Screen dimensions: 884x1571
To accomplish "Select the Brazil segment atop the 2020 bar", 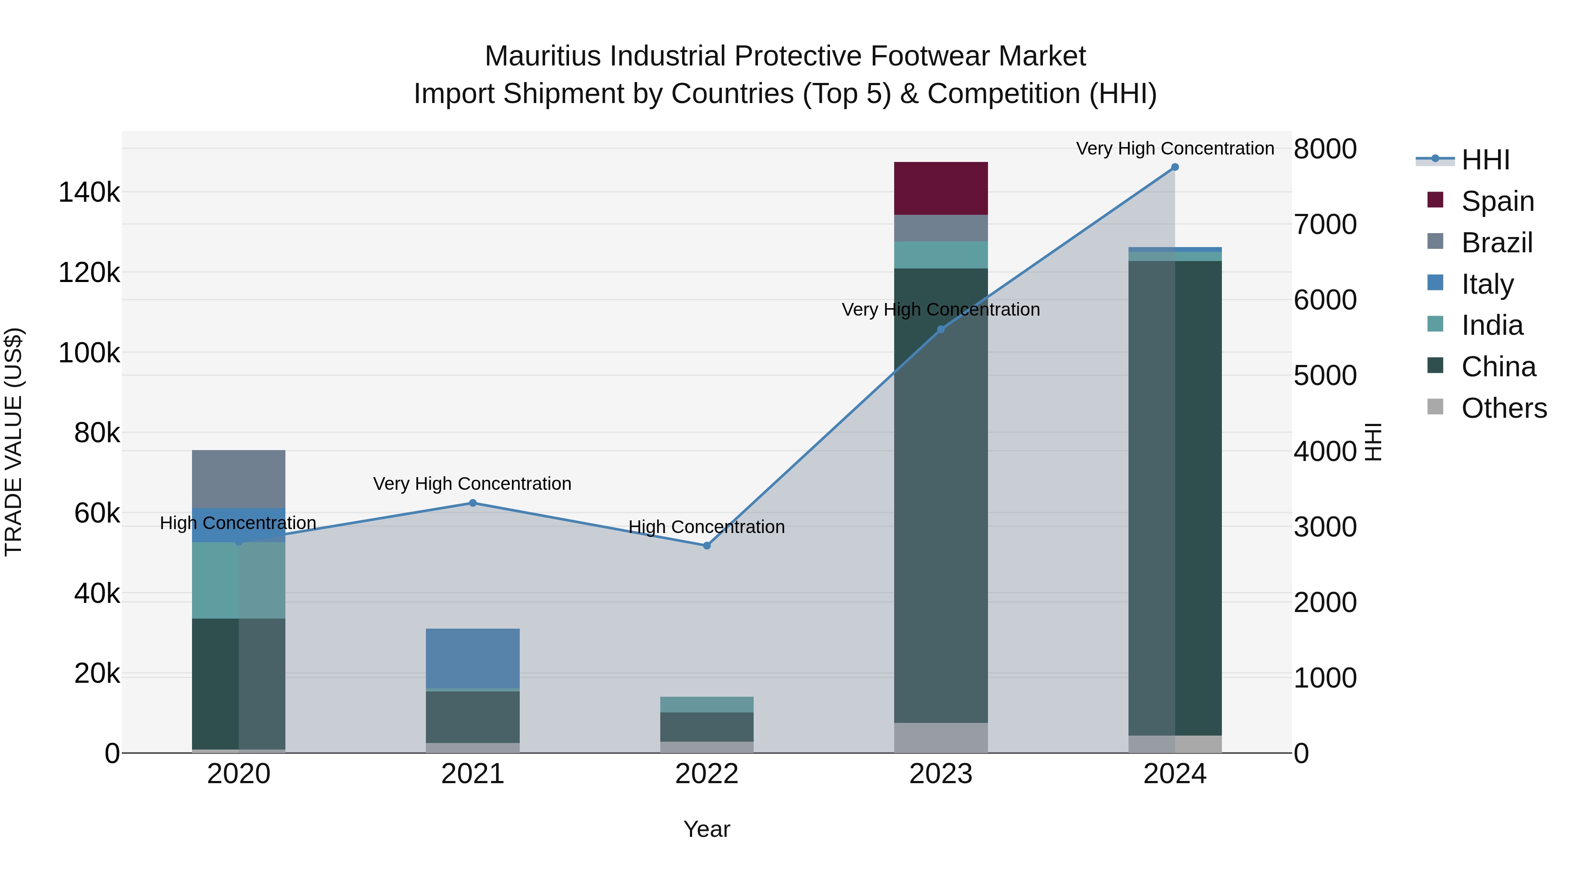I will pos(238,479).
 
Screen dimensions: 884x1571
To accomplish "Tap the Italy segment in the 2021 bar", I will pos(473,658).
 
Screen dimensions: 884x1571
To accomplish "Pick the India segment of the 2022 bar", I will pos(707,704).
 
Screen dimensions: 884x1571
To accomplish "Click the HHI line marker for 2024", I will pos(1175,167).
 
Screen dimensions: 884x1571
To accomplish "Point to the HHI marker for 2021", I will pos(473,503).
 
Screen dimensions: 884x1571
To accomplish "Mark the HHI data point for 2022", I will pos(707,545).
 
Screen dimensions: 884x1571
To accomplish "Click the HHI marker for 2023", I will pos(940,330).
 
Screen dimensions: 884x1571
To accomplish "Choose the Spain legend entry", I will pos(1497,201).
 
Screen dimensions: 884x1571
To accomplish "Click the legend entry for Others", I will pos(1503,408).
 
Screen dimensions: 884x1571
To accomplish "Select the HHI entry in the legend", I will pos(1485,160).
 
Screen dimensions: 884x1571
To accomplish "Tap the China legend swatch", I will pos(1436,366).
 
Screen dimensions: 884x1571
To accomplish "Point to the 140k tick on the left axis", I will pos(89,193).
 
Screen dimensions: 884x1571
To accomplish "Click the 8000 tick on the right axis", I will pos(1324,149).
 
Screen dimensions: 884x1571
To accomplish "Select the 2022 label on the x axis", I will pos(707,774).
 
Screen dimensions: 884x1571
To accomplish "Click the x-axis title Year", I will pos(707,829).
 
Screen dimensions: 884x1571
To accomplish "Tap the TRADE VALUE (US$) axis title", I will pos(14,442).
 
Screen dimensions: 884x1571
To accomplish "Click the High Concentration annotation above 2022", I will pos(707,526).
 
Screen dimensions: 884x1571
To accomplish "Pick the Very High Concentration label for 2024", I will pos(1175,148).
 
